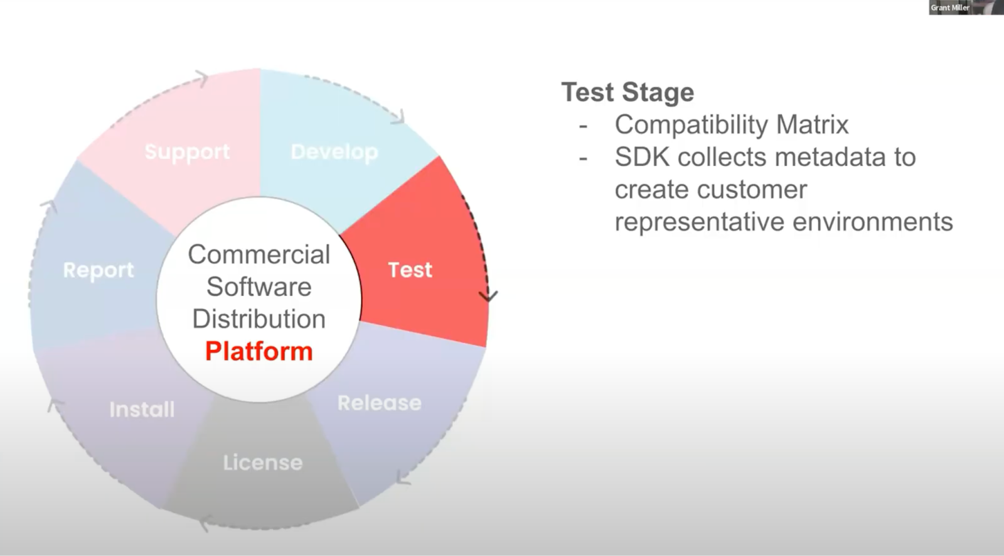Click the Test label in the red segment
point(410,270)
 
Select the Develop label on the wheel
point(334,152)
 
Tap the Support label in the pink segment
point(187,152)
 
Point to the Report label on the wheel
point(99,270)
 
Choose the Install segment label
point(142,410)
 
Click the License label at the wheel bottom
point(263,463)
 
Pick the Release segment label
point(379,403)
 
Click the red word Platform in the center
point(259,351)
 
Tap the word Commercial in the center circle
point(259,254)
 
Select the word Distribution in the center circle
point(259,319)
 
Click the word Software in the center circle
point(259,286)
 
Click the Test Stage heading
point(627,92)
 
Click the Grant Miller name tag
point(950,8)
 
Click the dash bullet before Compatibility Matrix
point(583,126)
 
